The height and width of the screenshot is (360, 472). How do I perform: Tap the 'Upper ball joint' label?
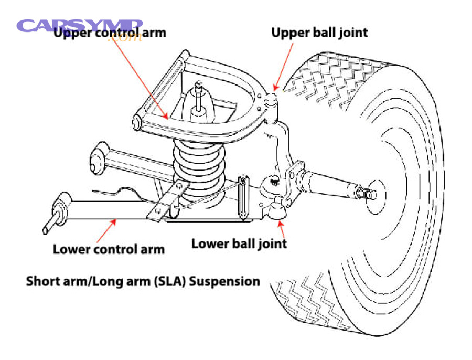pyautogui.click(x=319, y=33)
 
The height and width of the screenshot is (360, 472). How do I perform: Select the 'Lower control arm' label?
pyautogui.click(x=109, y=248)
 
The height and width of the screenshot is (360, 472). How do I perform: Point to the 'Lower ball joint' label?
pyautogui.click(x=239, y=243)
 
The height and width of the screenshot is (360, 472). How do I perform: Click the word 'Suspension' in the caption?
pyautogui.click(x=224, y=281)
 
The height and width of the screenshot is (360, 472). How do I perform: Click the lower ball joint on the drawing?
pyautogui.click(x=277, y=210)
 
